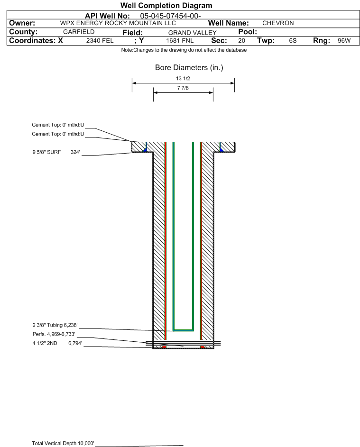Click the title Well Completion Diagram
(x=166, y=5)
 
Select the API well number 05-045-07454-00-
(x=170, y=16)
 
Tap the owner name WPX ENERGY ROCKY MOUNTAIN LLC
(x=118, y=23)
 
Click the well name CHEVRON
(x=278, y=23)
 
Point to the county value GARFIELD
(x=79, y=32)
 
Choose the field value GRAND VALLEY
(x=192, y=33)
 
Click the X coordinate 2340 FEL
(x=100, y=41)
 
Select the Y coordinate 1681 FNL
(x=180, y=41)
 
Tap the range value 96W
(x=344, y=41)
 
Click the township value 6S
(x=293, y=41)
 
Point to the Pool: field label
(x=248, y=32)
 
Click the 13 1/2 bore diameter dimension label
(x=183, y=78)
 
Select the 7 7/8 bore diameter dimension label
(x=183, y=88)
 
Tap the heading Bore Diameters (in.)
(x=189, y=68)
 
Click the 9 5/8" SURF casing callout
(x=56, y=152)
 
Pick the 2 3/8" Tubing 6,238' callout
(x=55, y=325)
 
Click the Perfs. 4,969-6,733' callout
(x=54, y=334)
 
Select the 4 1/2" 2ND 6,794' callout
(x=57, y=343)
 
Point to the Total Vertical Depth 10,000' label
(x=63, y=443)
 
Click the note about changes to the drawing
(x=184, y=50)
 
